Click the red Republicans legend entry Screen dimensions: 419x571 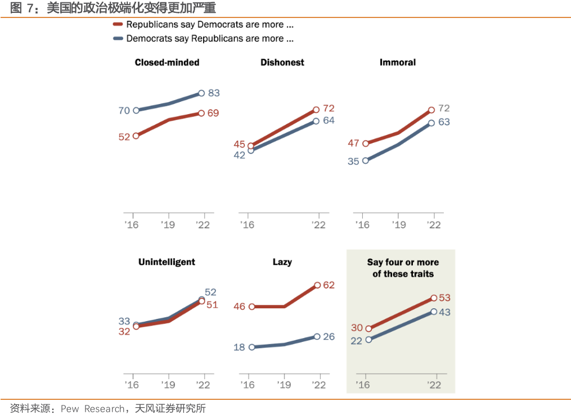(203, 25)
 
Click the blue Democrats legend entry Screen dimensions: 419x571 (203, 39)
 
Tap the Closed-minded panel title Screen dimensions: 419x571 (167, 62)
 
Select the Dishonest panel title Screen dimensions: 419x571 (282, 62)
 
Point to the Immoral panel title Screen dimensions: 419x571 (398, 62)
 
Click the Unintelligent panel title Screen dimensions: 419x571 (167, 262)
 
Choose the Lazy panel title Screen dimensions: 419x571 (282, 262)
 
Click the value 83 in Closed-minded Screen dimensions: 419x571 (214, 93)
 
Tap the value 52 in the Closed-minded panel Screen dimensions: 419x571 (124, 137)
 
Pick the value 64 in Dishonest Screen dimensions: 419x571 (329, 120)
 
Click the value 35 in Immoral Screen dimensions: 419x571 (353, 161)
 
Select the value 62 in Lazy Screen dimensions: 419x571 (329, 285)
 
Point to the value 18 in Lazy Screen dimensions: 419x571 (239, 348)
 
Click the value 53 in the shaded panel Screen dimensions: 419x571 (444, 298)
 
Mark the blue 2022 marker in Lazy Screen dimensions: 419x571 (317, 336)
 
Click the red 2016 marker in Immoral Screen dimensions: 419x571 (366, 143)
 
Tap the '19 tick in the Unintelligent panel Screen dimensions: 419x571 (168, 385)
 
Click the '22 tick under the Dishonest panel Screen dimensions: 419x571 (318, 225)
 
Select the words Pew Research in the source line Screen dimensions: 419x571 (92, 409)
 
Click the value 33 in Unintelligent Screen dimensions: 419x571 (124, 322)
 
